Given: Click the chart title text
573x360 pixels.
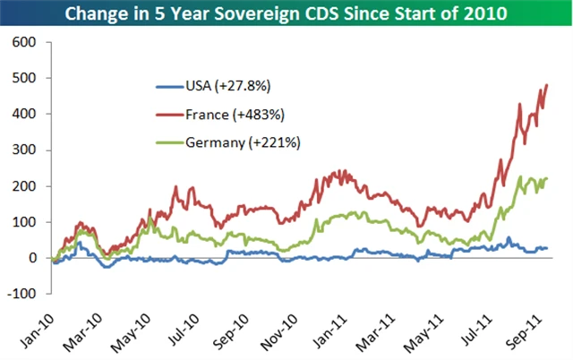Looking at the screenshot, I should (x=287, y=14).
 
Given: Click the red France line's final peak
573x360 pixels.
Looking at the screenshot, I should (x=546, y=85).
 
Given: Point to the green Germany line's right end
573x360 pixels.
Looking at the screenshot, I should (x=546, y=178).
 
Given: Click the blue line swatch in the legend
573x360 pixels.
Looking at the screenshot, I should (x=171, y=87).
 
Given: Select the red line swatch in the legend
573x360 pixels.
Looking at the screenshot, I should (x=171, y=114).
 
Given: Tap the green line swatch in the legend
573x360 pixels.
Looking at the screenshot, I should (x=171, y=141).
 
